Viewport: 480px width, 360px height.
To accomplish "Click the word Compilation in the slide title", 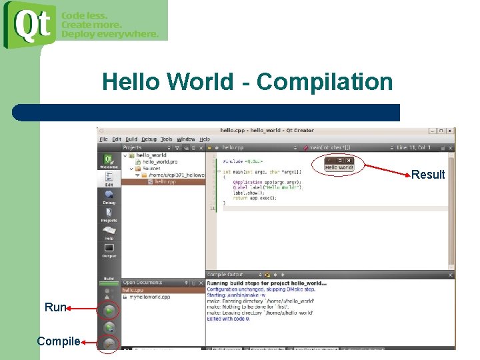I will coord(325,82).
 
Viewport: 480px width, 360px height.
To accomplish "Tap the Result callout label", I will coord(428,175).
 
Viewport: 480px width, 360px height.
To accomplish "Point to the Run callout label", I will coord(55,307).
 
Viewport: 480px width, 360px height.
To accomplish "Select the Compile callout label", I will coord(59,341).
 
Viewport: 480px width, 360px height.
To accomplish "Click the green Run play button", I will coord(109,310).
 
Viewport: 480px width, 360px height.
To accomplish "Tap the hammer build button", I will coord(109,343).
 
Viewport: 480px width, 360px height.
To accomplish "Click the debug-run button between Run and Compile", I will coord(109,327).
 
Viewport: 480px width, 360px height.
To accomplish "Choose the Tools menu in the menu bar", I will coord(167,139).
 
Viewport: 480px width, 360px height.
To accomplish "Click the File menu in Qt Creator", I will coord(103,139).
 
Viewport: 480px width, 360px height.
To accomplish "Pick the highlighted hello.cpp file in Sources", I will coord(165,181).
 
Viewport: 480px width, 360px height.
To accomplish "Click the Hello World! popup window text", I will coord(339,167).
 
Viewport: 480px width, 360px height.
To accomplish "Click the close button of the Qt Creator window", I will coord(451,131).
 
